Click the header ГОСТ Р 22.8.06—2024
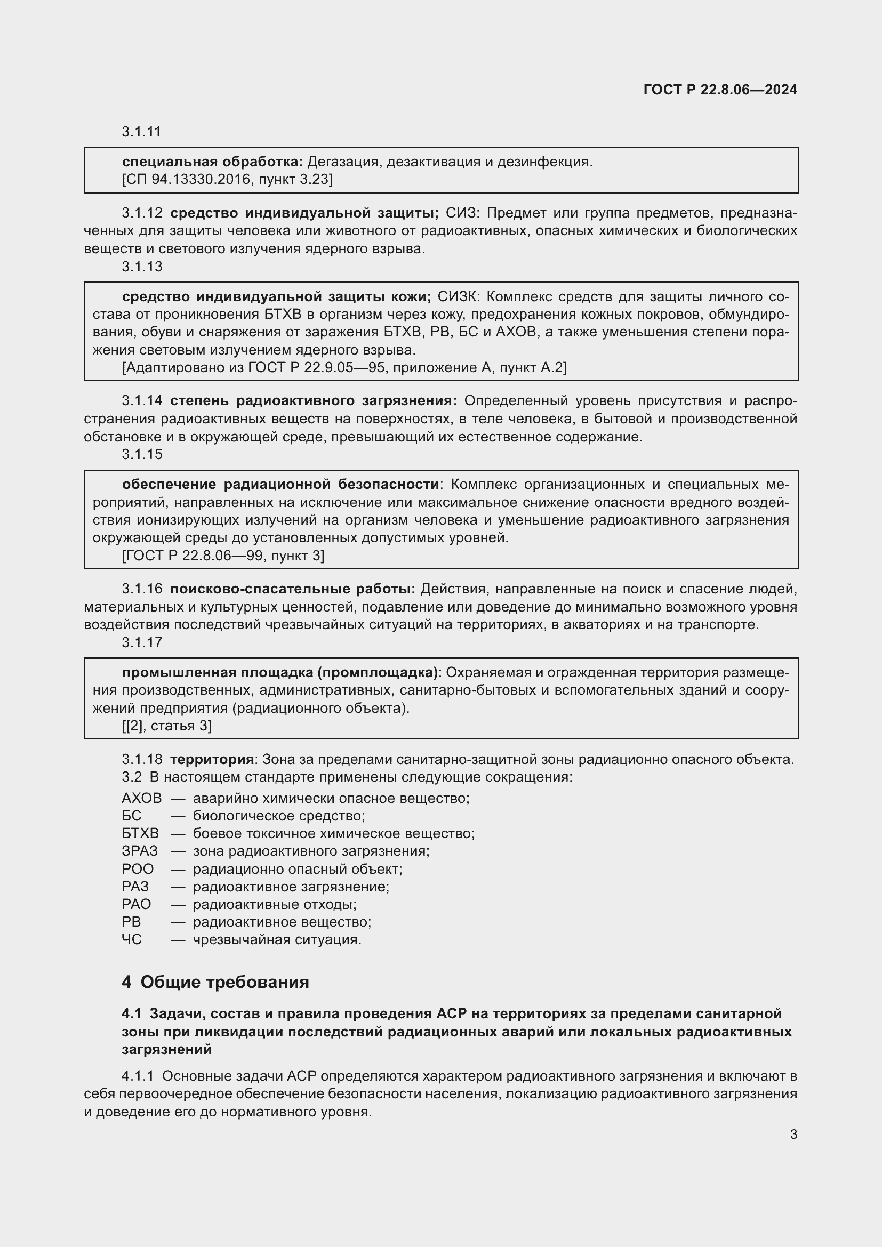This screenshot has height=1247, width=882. point(719,90)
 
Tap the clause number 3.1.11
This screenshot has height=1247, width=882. point(141,132)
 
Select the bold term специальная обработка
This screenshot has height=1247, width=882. point(212,162)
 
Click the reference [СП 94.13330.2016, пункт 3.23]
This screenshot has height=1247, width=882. point(227,179)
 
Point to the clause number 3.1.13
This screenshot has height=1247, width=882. point(142,267)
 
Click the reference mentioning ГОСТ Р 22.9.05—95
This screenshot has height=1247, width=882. point(344,368)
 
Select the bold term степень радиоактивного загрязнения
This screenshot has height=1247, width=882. point(314,401)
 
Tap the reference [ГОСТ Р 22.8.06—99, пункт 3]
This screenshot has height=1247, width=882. point(223,556)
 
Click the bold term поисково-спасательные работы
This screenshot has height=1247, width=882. point(293,589)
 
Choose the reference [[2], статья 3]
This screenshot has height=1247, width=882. point(166,726)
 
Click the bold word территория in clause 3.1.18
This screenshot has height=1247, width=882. point(212,759)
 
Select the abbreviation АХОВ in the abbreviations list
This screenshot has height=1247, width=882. point(141,799)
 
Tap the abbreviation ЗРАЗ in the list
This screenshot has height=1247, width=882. point(140,851)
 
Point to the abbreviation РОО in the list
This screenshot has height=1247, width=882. point(138,869)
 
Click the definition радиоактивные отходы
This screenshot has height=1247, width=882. point(274,904)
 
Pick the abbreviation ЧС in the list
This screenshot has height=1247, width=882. point(131,939)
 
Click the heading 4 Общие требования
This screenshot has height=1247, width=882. point(215,982)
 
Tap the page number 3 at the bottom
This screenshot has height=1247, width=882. point(793,1134)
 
